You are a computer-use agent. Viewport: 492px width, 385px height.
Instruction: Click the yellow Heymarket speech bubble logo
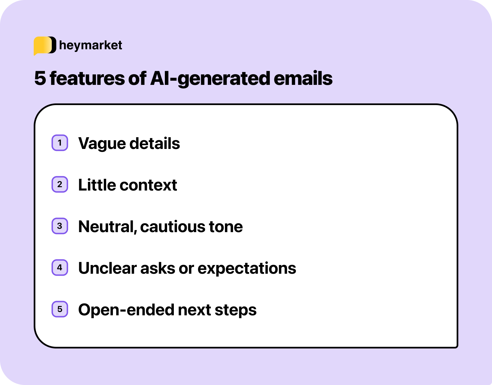(44, 45)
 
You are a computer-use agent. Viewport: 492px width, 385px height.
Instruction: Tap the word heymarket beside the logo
(90, 45)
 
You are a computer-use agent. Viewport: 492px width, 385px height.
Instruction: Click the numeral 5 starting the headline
(40, 78)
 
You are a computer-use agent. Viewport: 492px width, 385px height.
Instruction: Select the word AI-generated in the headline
(210, 78)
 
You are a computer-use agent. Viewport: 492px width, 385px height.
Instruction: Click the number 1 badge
(60, 143)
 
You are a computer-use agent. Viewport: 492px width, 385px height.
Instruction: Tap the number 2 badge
(60, 184)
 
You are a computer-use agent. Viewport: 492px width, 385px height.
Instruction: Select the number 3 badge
(60, 226)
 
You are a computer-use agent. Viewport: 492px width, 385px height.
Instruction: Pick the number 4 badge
(60, 268)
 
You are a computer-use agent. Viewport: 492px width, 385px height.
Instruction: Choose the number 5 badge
(60, 309)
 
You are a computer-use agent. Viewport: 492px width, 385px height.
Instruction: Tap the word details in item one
(154, 144)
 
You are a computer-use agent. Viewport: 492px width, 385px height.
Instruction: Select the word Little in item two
(97, 185)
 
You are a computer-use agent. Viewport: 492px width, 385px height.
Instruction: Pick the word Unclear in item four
(107, 268)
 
